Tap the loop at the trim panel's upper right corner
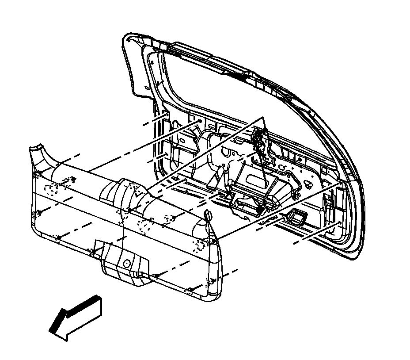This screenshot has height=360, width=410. click(x=208, y=215)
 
